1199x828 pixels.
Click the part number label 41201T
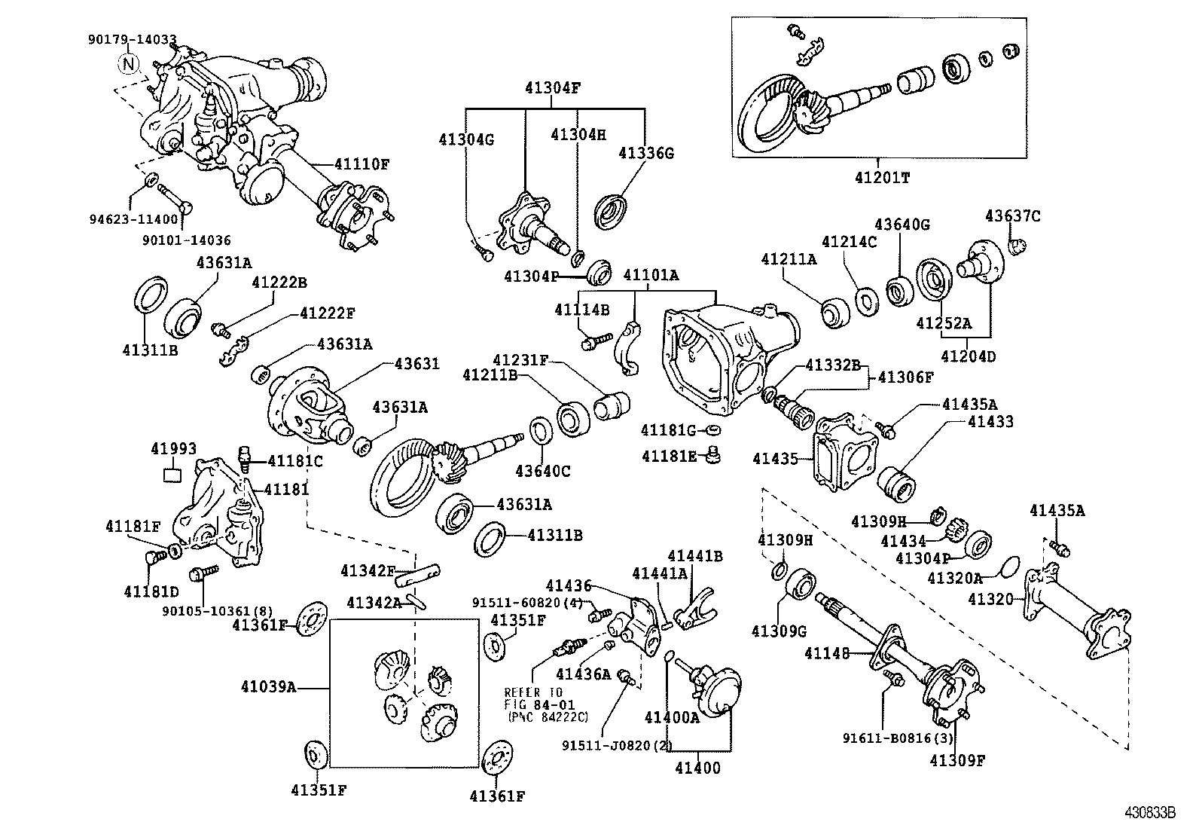pos(881,178)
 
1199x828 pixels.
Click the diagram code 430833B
pos(1150,813)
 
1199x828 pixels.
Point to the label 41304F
pos(553,87)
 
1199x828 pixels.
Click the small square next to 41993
pos(172,474)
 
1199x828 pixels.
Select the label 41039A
pos(268,686)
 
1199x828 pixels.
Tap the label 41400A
pos(672,718)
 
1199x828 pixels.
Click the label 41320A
pos(954,579)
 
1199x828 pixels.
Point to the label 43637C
pos(1012,216)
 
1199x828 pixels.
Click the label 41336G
pos(645,153)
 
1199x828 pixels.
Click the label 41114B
pos(581,309)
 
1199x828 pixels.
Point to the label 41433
pos(990,422)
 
